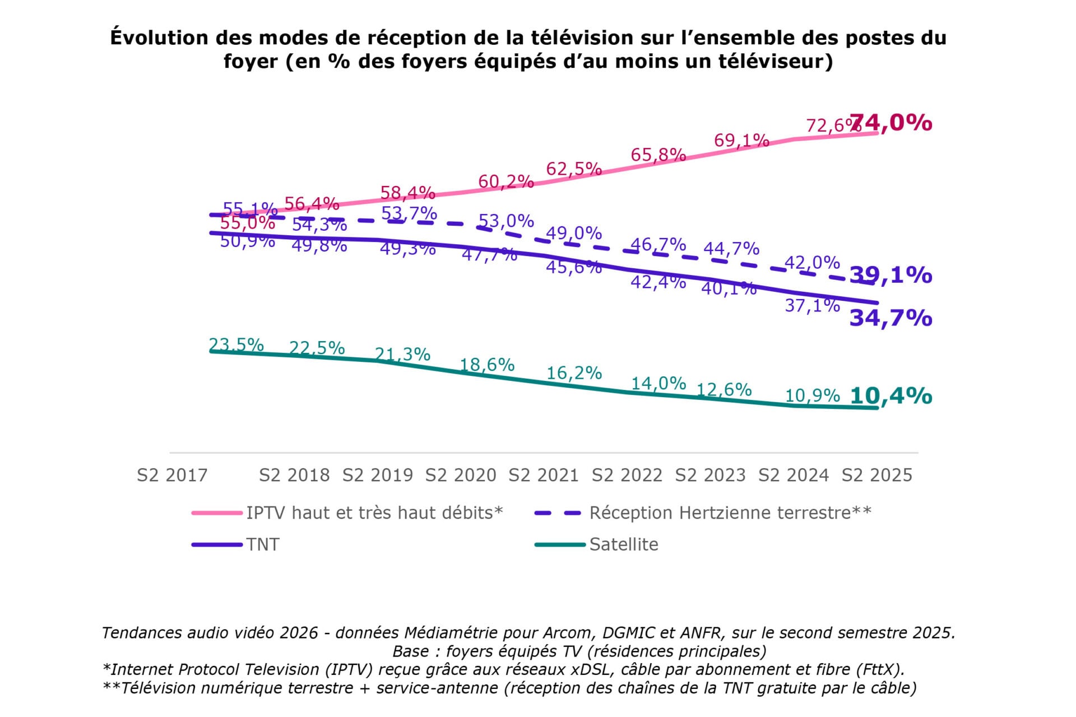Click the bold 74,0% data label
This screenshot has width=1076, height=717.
pos(891,123)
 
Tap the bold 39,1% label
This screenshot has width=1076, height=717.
pos(891,275)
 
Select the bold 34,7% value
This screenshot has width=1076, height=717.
pos(891,318)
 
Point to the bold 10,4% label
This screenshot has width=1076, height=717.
pos(891,396)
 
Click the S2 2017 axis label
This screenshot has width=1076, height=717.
pos(172,476)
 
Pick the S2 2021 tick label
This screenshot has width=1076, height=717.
pos(543,476)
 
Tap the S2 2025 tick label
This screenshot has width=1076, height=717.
pos(876,476)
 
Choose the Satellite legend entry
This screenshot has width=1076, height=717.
pos(623,544)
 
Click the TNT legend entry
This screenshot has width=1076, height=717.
pos(262,544)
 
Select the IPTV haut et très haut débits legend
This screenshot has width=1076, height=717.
pos(374,513)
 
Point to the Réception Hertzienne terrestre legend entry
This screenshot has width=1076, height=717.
pos(730,513)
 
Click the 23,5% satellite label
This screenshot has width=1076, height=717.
pos(236,344)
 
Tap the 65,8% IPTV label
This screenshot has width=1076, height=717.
pos(658,155)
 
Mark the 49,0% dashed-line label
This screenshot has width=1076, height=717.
pos(574,232)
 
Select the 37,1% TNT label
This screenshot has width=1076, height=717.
pos(812,305)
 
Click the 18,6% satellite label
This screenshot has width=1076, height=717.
pos(486,365)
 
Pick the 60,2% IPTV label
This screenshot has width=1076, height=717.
pos(505,181)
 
